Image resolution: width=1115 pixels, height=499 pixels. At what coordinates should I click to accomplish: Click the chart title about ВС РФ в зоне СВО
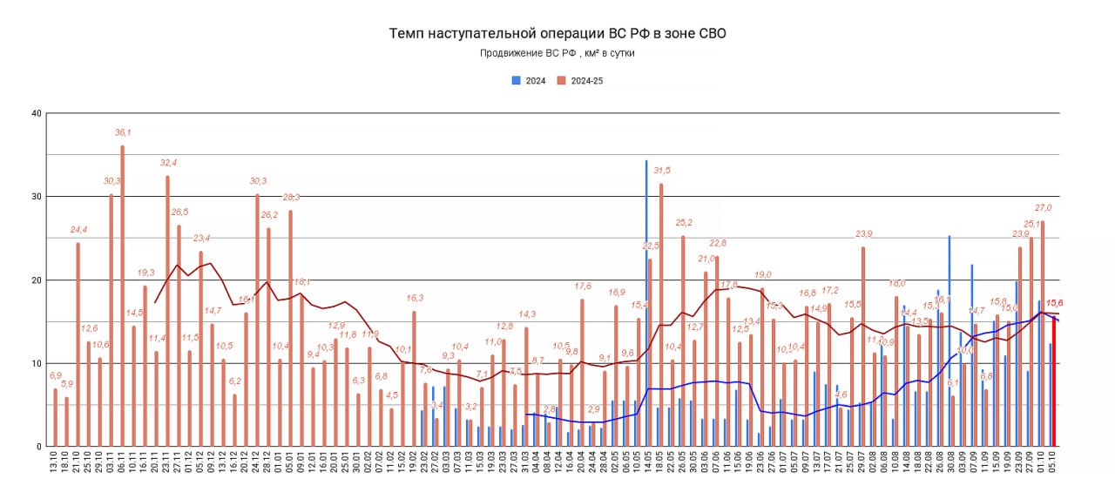(x=557, y=34)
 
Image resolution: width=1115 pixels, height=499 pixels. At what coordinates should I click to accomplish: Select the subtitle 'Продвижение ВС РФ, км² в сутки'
(x=557, y=54)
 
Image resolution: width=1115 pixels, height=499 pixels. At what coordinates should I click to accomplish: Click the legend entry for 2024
(x=530, y=81)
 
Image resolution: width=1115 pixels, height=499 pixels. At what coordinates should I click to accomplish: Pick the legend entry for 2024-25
(x=582, y=81)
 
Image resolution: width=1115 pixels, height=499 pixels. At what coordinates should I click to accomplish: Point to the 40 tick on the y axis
(x=36, y=113)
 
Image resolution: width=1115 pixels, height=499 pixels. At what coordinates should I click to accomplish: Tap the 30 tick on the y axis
(x=36, y=197)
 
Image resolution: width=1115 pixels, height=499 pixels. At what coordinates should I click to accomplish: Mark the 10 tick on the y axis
(x=36, y=363)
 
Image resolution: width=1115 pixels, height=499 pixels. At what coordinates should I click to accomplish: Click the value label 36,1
(x=123, y=132)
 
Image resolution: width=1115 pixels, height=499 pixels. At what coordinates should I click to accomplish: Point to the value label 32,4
(x=168, y=163)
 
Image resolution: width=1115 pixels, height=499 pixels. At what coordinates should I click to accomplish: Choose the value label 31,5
(x=662, y=171)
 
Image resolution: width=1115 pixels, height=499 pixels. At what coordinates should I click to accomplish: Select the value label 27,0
(x=1043, y=208)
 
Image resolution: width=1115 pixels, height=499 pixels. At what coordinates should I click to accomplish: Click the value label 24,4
(x=78, y=230)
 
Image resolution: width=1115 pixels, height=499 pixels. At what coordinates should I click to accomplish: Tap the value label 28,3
(x=291, y=198)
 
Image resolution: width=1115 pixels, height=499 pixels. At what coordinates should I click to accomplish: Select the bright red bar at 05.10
(x=1054, y=383)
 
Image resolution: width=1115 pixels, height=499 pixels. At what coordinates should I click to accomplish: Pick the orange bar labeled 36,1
(x=123, y=296)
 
